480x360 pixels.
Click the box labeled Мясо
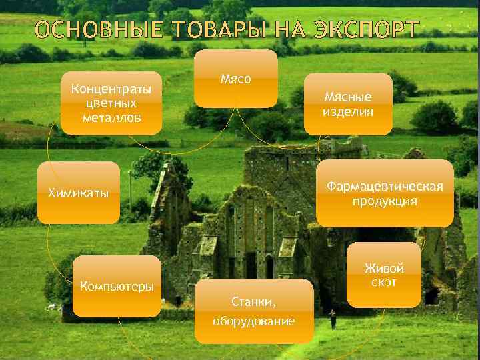tap(235, 79)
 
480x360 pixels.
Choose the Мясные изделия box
tap(348, 104)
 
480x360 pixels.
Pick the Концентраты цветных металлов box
tap(111, 103)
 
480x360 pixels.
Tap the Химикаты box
tap(79, 193)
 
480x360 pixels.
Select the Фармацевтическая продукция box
tap(385, 193)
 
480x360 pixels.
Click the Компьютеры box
tap(117, 287)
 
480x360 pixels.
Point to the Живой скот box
tap(385, 275)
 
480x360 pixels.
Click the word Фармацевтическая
tap(385, 186)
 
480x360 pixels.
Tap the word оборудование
tap(254, 321)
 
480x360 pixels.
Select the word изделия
tap(348, 111)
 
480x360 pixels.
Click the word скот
tap(385, 283)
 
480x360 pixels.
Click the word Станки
tap(254, 301)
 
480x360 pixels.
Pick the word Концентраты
tap(111, 89)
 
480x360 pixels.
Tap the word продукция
tap(385, 201)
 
